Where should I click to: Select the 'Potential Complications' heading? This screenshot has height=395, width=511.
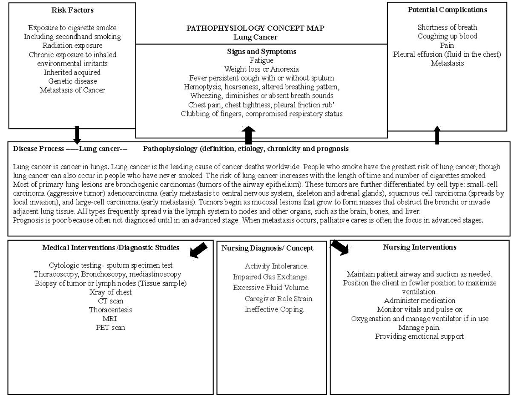(x=448, y=10)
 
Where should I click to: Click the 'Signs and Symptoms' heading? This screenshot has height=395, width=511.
(x=261, y=52)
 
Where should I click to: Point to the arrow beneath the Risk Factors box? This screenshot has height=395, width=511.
(x=77, y=135)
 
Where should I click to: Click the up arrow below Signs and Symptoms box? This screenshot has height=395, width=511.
(x=249, y=135)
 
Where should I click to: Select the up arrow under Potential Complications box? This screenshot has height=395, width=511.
(x=436, y=135)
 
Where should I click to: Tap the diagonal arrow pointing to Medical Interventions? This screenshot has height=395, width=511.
(x=198, y=250)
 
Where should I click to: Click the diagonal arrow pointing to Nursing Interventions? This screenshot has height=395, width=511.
(x=340, y=247)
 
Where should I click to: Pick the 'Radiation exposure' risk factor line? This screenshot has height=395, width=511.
(x=72, y=46)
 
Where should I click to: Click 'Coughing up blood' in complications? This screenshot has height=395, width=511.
(x=447, y=36)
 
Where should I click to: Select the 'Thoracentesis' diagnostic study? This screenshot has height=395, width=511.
(x=110, y=310)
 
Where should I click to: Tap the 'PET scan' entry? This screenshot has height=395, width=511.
(x=110, y=328)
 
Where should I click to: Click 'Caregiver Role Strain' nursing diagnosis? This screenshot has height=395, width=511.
(x=279, y=299)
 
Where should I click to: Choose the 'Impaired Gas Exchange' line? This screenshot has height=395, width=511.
(x=270, y=277)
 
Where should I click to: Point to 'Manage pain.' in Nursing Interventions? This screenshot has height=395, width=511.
(x=419, y=328)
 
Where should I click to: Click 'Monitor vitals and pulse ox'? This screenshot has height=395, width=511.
(x=419, y=310)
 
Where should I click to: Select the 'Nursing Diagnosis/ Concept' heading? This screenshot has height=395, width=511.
(x=267, y=248)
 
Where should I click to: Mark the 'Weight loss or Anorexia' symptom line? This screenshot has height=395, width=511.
(x=261, y=69)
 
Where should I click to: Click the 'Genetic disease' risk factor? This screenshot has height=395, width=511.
(x=72, y=81)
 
